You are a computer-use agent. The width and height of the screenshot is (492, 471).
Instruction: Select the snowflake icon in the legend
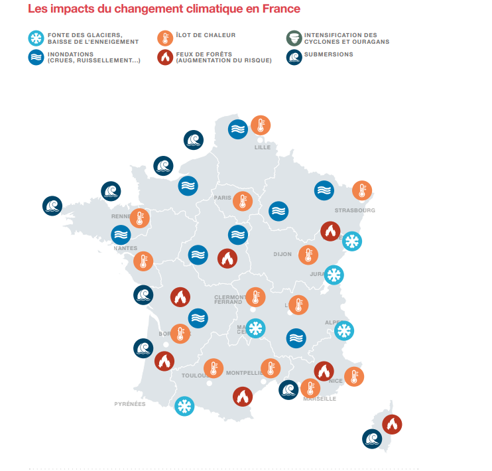(36, 38)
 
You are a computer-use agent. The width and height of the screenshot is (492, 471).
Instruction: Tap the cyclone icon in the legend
(294, 38)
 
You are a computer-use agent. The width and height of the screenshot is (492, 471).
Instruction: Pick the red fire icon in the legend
(165, 58)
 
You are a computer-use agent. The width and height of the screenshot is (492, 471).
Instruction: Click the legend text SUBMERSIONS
(329, 54)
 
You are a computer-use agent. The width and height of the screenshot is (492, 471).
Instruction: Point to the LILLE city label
(263, 147)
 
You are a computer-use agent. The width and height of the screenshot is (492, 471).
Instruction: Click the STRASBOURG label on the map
(355, 210)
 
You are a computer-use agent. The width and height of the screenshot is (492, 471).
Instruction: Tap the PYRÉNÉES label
(130, 404)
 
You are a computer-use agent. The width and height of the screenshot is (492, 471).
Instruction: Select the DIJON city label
(282, 254)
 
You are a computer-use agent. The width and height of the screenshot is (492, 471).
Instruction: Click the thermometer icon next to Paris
(243, 201)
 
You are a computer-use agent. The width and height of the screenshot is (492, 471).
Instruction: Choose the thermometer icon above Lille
(261, 125)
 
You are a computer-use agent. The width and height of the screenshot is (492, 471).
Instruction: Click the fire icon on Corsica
(392, 424)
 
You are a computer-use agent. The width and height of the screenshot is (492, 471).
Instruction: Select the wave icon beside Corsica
(372, 438)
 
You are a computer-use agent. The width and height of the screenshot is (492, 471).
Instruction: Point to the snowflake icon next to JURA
(334, 275)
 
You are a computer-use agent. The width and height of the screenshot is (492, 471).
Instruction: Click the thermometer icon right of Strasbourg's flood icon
(361, 190)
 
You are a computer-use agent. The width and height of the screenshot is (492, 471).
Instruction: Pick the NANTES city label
(125, 248)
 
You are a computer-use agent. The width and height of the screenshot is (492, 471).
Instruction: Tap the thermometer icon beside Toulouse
(214, 368)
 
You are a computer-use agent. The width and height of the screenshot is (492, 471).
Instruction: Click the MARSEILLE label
(320, 399)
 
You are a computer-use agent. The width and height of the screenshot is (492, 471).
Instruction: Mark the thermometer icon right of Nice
(354, 376)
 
